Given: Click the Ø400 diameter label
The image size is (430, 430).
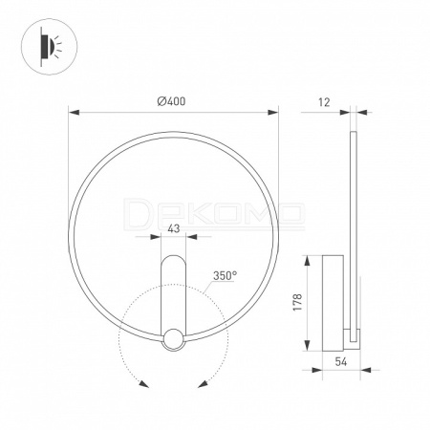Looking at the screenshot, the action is point(171,101).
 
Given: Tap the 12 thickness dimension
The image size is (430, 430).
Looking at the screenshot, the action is point(324,102).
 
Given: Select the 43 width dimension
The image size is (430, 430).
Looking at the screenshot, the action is point(174,228).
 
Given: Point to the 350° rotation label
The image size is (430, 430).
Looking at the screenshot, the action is point(225,275).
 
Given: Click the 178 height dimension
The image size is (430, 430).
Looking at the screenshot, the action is point(297,302).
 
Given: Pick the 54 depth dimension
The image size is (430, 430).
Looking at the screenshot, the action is point(341,361).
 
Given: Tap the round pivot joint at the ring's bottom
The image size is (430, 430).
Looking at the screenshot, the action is point(174,339).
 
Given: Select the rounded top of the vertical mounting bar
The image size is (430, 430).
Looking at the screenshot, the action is point(174,262).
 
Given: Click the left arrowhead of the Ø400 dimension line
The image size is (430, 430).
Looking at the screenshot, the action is point(75,113).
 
